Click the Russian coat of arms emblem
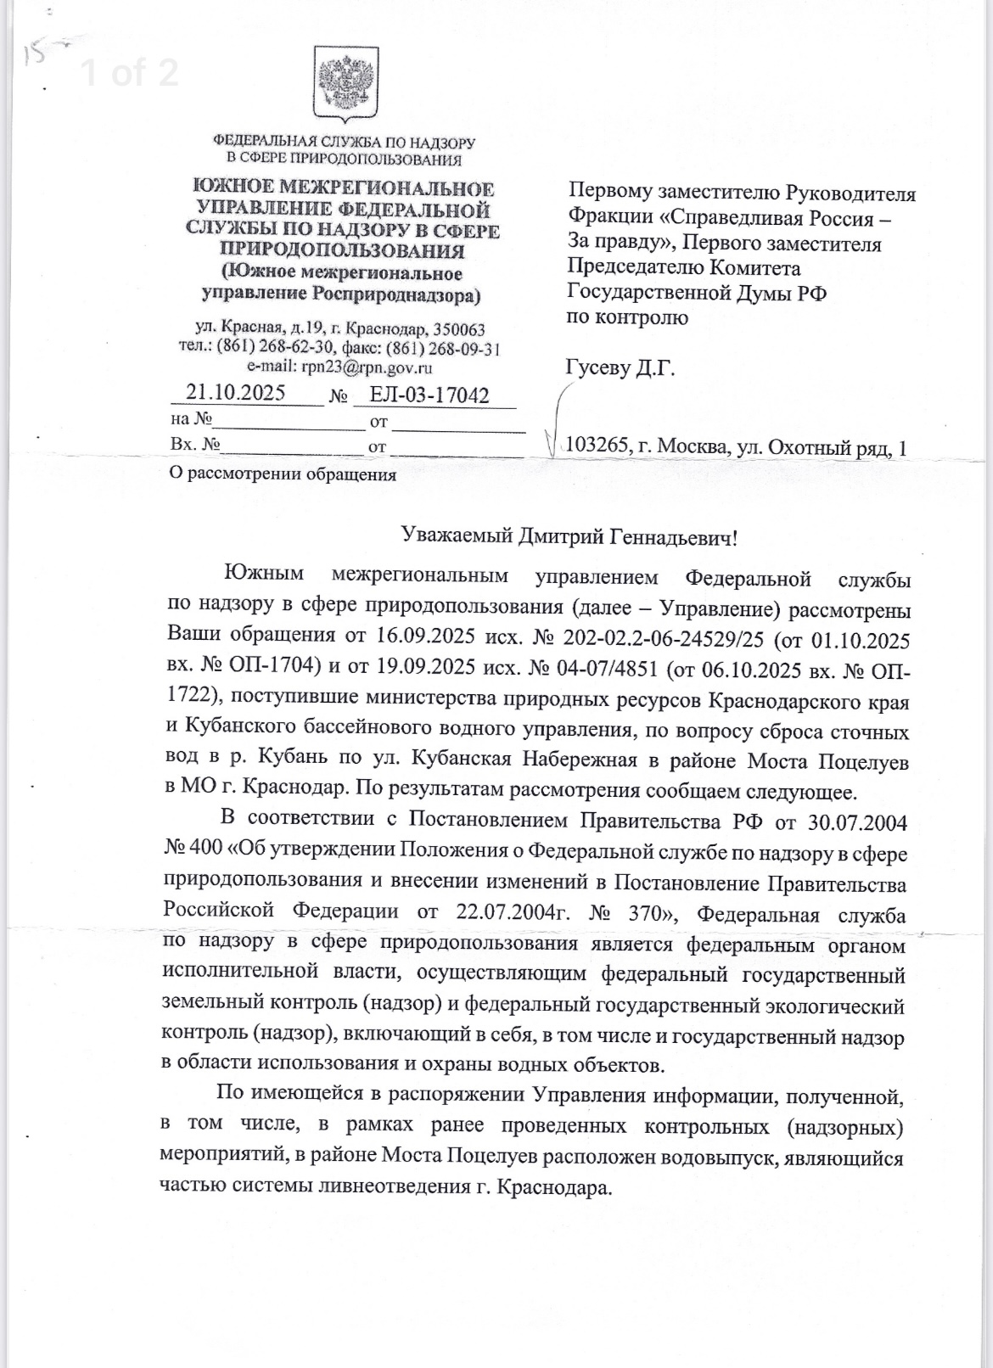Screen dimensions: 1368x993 point(344,84)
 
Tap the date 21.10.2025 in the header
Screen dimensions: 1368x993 point(236,393)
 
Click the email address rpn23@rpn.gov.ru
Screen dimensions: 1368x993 point(363,367)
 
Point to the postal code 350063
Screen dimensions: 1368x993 point(459,329)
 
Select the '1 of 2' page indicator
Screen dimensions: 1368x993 point(129,74)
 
